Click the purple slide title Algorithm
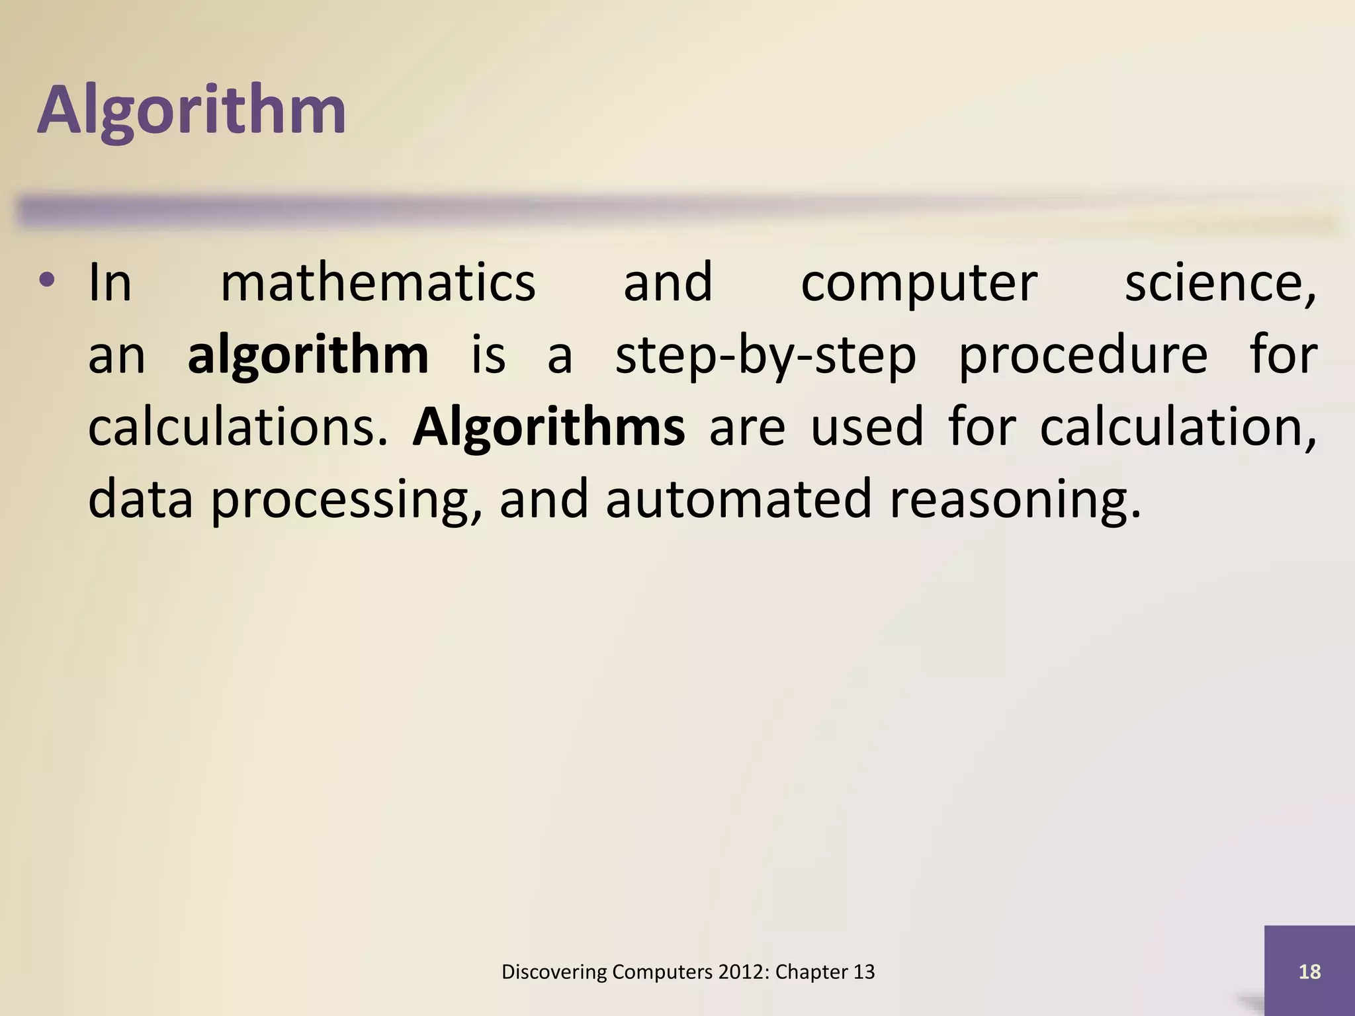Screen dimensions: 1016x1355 (192, 110)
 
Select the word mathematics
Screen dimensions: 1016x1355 (378, 283)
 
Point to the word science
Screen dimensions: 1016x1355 (1219, 283)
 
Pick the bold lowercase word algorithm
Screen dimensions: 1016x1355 (308, 356)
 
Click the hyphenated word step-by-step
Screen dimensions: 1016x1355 (765, 356)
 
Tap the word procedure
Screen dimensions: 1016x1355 (1083, 356)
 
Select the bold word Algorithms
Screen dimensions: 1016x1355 (548, 428)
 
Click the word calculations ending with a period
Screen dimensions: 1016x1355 (238, 428)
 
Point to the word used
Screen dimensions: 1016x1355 (867, 428)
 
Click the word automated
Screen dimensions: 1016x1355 (738, 499)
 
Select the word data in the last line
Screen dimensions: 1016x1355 (140, 499)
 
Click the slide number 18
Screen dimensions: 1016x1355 (1309, 972)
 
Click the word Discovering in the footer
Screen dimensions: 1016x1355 (554, 972)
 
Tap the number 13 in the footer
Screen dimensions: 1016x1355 (863, 972)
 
